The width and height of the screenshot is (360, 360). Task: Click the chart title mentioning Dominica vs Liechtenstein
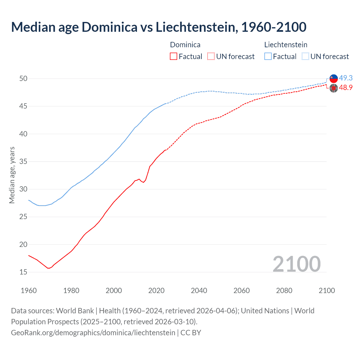pos(159,27)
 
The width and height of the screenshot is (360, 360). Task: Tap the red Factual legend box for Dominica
pos(174,56)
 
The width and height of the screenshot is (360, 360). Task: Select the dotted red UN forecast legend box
pos(211,56)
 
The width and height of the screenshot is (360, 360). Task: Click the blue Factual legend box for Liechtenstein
pos(268,56)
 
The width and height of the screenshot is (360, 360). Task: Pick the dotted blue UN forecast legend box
pos(305,56)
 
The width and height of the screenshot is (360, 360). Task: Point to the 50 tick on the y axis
pos(23,78)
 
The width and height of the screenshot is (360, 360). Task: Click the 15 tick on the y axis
pos(23,272)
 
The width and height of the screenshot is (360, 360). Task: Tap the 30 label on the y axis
pos(23,189)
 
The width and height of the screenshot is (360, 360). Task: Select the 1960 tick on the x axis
pos(29,290)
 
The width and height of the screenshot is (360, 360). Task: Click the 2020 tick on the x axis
pos(156,290)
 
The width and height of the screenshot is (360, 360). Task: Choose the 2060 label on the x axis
pos(242,290)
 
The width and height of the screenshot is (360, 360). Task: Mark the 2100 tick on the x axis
pos(327,290)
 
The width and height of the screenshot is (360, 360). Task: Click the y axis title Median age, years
pos(12,175)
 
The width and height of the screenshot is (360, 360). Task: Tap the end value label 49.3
pos(346,78)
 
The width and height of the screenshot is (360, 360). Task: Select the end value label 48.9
pos(346,87)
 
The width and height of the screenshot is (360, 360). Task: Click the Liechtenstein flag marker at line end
pos(334,79)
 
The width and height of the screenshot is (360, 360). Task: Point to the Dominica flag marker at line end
pos(334,88)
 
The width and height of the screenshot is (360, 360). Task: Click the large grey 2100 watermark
pos(296,264)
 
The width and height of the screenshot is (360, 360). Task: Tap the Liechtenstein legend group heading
pos(286,45)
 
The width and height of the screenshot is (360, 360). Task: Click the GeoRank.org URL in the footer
pos(93,332)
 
